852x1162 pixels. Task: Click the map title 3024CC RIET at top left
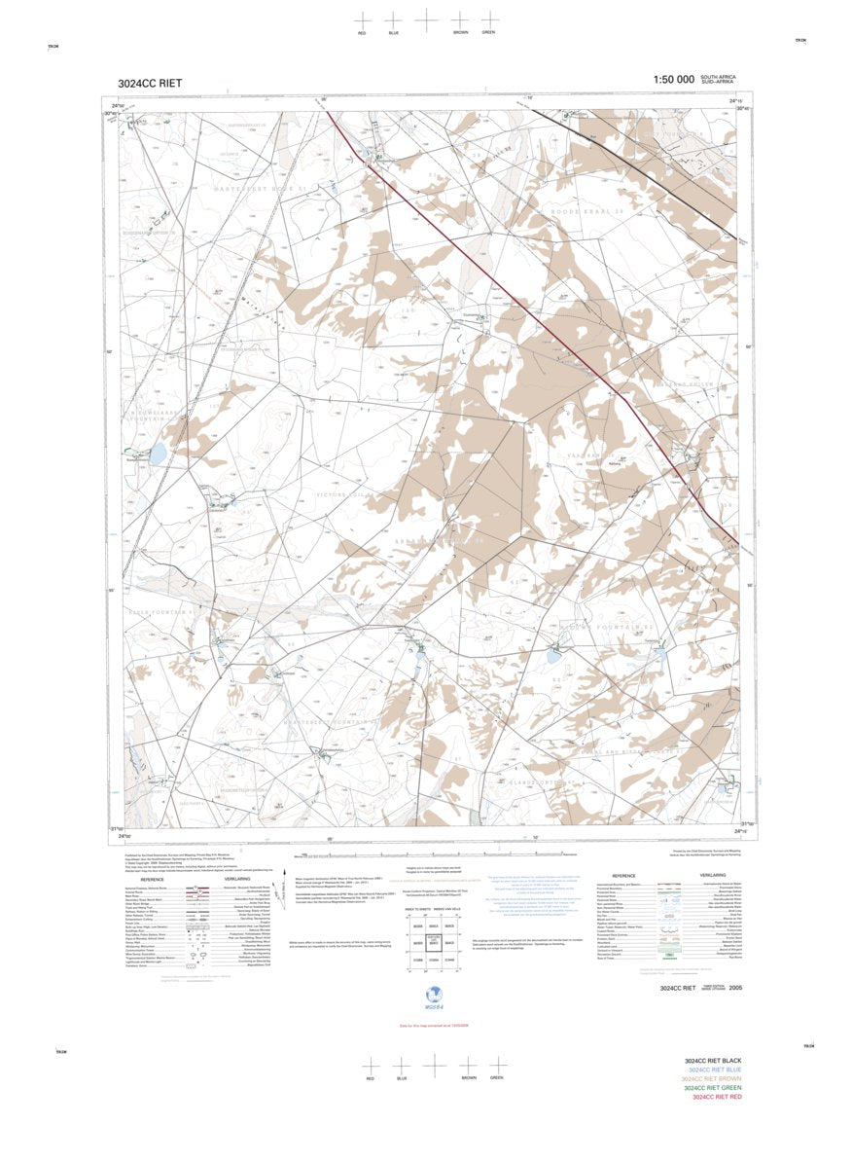(150, 83)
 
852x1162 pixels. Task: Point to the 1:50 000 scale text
(673, 80)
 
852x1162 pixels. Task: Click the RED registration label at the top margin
(362, 34)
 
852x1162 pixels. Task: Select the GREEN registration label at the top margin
(488, 33)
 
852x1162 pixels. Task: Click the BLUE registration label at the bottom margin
(401, 1078)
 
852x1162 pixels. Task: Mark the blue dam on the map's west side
(158, 454)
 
